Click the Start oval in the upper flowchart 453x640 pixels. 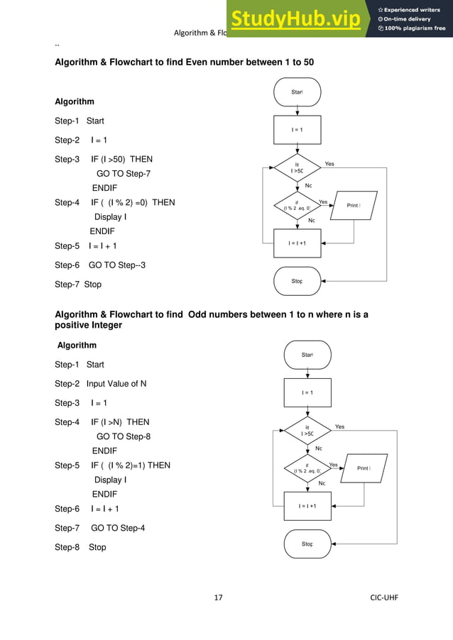tap(298, 92)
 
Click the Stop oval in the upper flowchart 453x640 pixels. tap(298, 282)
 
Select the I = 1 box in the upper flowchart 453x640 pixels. tap(298, 129)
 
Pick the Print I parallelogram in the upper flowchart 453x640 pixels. tap(352, 206)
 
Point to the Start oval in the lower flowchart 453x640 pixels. tap(307, 355)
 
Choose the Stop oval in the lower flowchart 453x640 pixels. tap(307, 544)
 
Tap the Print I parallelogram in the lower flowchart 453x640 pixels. tap(362, 468)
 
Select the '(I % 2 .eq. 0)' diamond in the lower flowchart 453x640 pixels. tap(307, 468)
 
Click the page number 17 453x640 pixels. tap(219, 597)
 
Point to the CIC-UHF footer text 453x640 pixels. tap(384, 597)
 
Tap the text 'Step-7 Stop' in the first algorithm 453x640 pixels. tap(78, 285)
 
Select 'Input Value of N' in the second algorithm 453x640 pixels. tap(116, 384)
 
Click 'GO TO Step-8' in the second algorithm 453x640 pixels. tap(124, 436)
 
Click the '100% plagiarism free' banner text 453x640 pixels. tap(412, 28)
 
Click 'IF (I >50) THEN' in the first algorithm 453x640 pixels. tap(121, 159)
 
